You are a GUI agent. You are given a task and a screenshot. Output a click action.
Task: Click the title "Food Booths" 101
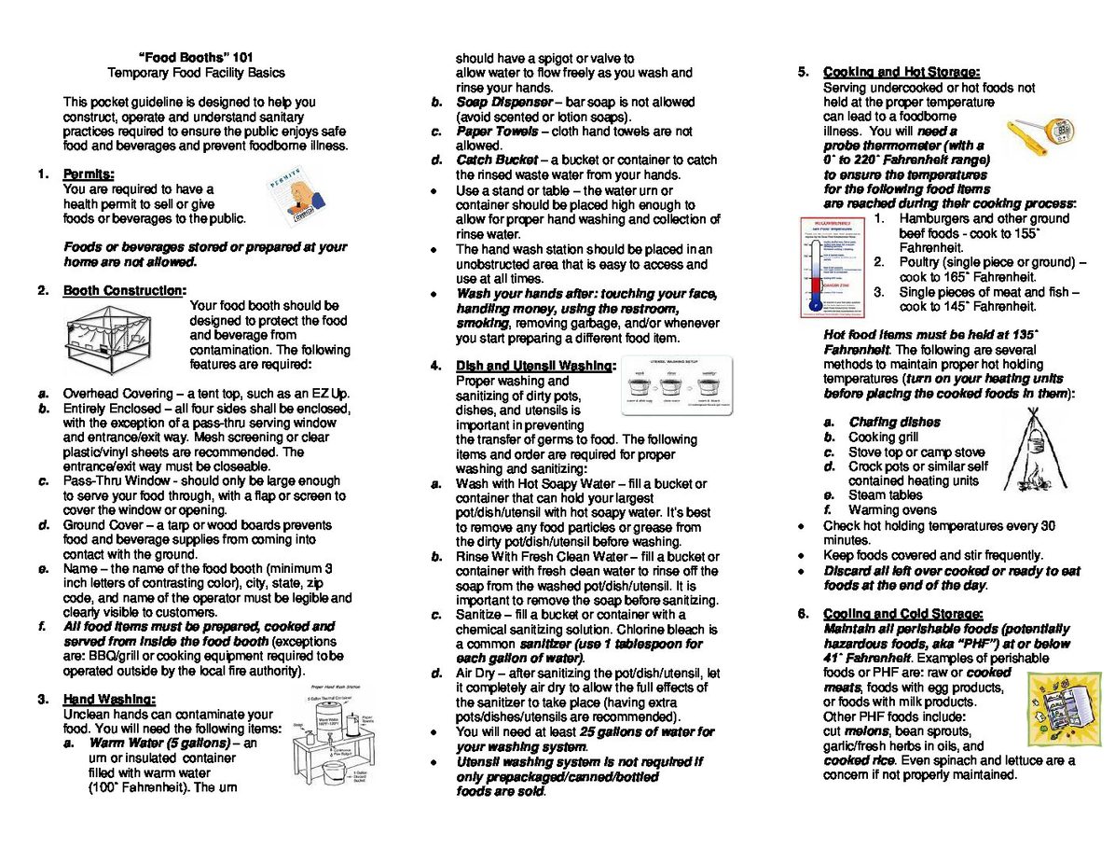pyautogui.click(x=196, y=57)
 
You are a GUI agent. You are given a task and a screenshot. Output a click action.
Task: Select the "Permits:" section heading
pyautogui.click(x=89, y=174)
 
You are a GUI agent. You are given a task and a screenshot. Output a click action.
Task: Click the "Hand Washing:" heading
pyautogui.click(x=109, y=699)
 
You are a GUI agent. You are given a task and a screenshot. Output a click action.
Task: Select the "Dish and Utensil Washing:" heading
pyautogui.click(x=536, y=366)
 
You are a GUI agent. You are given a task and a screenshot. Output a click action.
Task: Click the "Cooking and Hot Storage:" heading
pyautogui.click(x=901, y=72)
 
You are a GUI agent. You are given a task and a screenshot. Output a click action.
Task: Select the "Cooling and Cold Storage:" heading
pyautogui.click(x=902, y=613)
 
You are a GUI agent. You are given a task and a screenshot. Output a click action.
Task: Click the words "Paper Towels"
pyautogui.click(x=496, y=132)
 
